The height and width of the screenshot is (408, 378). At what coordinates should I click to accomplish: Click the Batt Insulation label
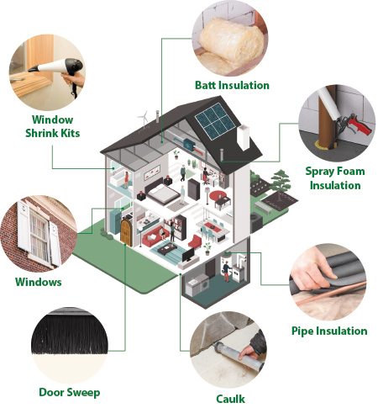click(232, 85)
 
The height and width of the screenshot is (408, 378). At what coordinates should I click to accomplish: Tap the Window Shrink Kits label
click(53, 126)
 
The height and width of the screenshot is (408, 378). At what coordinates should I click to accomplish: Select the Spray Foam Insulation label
click(335, 178)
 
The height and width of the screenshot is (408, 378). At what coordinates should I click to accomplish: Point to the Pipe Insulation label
click(329, 331)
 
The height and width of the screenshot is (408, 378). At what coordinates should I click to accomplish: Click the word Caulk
click(230, 399)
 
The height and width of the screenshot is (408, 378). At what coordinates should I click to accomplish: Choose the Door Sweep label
click(70, 392)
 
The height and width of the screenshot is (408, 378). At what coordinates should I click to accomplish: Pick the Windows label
click(39, 282)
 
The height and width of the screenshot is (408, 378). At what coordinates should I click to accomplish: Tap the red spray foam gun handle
click(360, 125)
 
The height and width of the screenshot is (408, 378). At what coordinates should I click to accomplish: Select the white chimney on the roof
click(243, 137)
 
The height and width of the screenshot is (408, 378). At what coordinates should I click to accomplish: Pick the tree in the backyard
click(280, 184)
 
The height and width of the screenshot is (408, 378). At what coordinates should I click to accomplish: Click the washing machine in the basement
click(205, 284)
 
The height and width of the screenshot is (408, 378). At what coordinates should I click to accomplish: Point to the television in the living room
click(188, 254)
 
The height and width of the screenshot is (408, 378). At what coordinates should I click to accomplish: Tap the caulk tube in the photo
click(239, 355)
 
